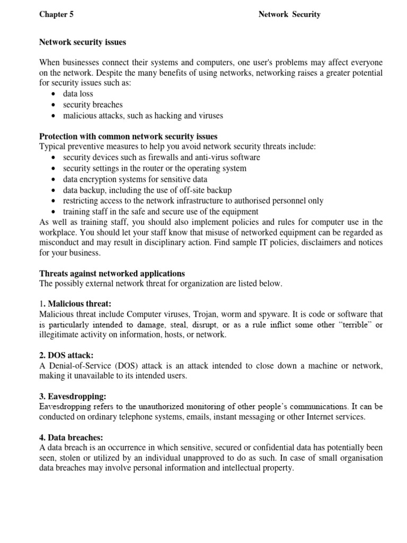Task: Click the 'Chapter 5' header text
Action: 56,14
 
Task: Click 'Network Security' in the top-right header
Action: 289,14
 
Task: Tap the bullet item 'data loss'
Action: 78,94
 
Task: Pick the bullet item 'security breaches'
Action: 93,104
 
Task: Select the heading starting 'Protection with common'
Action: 128,136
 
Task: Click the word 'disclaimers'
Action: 294,242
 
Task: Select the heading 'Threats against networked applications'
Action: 112,274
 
